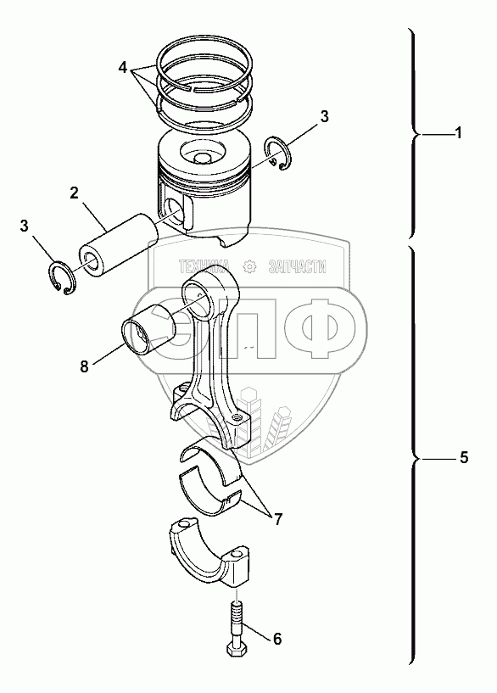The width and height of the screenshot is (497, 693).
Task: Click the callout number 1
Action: click(459, 132)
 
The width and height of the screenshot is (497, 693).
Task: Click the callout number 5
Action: click(463, 457)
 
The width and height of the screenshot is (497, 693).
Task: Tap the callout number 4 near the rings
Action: click(123, 68)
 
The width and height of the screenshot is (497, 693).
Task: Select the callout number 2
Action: click(74, 193)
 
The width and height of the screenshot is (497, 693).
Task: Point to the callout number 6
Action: click(277, 639)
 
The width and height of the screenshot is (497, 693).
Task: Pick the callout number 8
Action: click(84, 366)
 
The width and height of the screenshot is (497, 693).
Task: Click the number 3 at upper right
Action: click(324, 117)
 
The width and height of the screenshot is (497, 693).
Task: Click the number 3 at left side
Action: click(24, 226)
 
